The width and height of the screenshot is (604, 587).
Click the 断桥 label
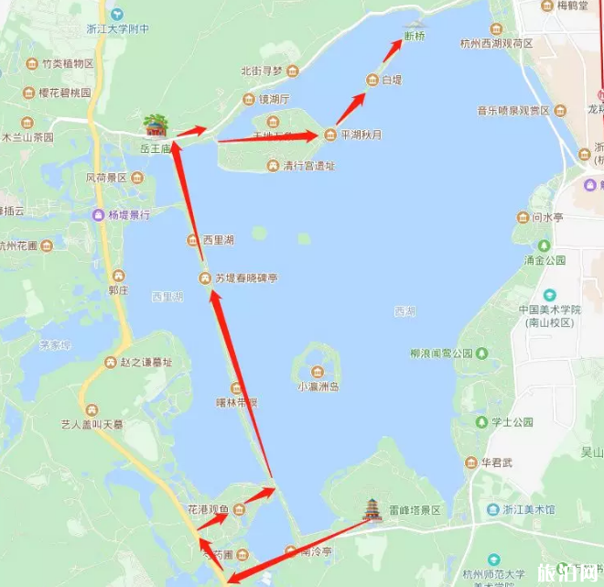414,38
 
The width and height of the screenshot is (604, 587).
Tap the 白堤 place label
392,80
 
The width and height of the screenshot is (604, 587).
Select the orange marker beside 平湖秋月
330,135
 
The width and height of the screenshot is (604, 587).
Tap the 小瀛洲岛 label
318,386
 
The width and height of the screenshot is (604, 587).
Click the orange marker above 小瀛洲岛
317,371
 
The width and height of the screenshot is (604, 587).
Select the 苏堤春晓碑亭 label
247,277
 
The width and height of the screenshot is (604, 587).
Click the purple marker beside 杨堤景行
99,215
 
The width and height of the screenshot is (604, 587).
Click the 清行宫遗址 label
308,166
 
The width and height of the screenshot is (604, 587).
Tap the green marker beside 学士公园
481,422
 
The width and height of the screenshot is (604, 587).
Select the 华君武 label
498,462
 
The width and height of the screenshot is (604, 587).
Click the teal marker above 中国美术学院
549,295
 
